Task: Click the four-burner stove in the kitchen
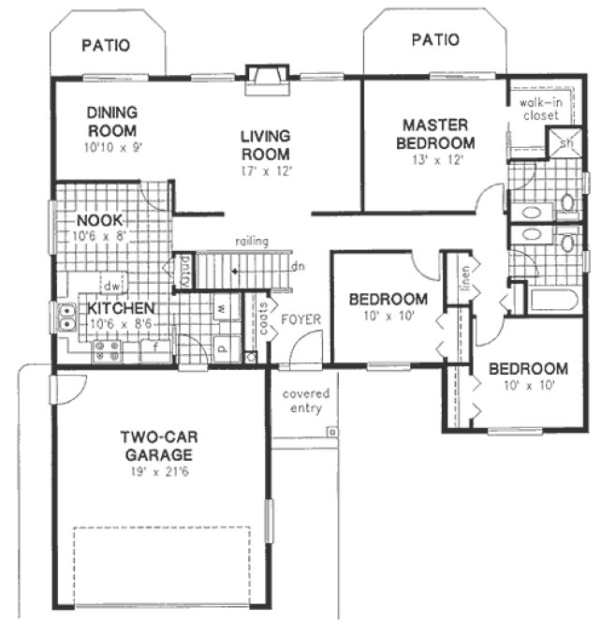pyautogui.click(x=105, y=351)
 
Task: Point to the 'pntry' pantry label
pyautogui.click(x=185, y=271)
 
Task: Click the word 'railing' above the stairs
pyautogui.click(x=252, y=241)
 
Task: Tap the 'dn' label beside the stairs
pyautogui.click(x=298, y=266)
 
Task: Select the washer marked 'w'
pyautogui.click(x=223, y=305)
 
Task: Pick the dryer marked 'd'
pyautogui.click(x=223, y=343)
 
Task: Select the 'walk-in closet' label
pyautogui.click(x=540, y=109)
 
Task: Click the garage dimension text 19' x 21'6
pyautogui.click(x=155, y=472)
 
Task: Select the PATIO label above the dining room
pyautogui.click(x=106, y=44)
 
